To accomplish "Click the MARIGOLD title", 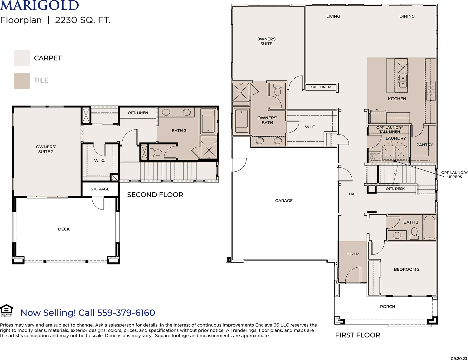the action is click(39, 5).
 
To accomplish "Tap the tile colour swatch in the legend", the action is click(22, 81).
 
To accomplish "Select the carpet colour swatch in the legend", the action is click(22, 58).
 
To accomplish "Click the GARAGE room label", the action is click(284, 200).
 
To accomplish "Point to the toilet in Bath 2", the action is click(414, 234).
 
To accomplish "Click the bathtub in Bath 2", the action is click(429, 228).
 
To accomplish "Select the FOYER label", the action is click(352, 254).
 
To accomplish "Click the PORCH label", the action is click(388, 307).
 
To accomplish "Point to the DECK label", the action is click(64, 229).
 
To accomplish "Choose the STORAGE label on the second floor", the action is click(100, 189).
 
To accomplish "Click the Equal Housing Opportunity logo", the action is click(7, 310).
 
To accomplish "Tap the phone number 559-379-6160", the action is click(126, 313).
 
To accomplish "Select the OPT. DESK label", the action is click(395, 189).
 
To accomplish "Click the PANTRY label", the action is click(425, 145).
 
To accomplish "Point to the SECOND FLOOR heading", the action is click(155, 195).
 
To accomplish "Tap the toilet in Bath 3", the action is click(156, 153).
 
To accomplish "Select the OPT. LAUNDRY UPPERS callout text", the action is click(455, 175).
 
